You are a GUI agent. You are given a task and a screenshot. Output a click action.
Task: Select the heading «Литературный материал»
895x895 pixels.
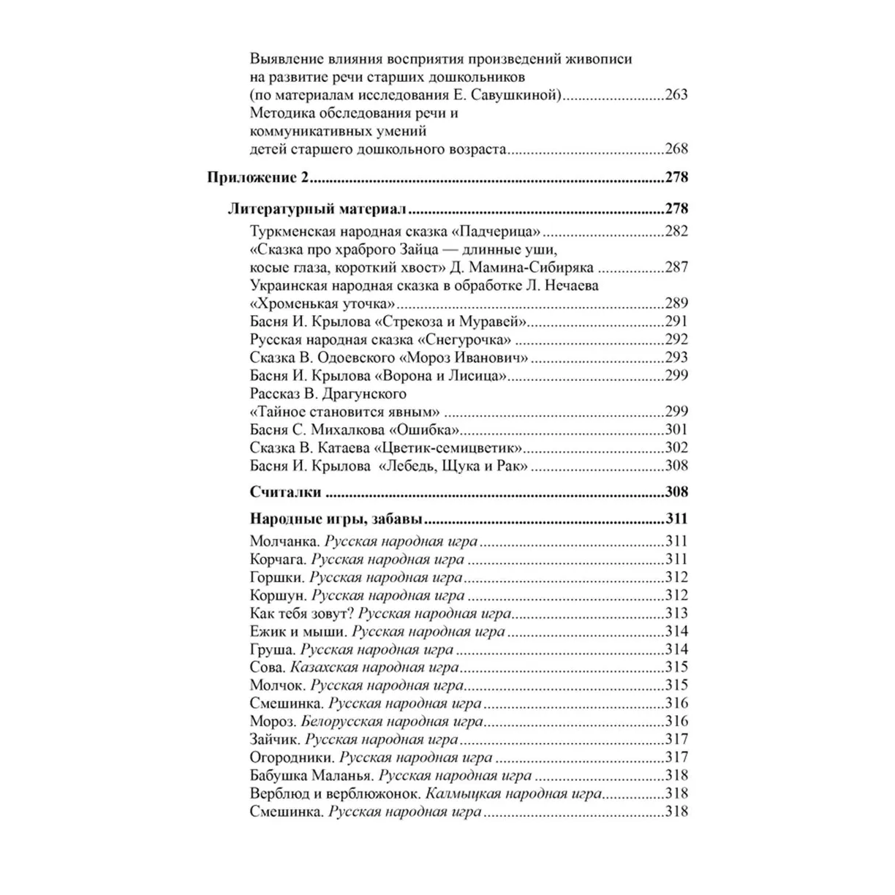(x=317, y=209)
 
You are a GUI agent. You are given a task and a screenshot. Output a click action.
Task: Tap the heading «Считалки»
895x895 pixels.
(x=285, y=492)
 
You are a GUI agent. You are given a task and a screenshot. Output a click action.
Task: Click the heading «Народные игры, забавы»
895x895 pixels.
(x=336, y=520)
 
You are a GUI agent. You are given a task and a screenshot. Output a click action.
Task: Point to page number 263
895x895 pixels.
(x=676, y=95)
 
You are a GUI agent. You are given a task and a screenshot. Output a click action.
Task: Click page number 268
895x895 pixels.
(x=676, y=149)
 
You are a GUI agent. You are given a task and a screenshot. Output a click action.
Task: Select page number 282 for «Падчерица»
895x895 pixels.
(x=676, y=232)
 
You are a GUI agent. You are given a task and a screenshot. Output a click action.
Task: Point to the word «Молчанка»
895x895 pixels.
(x=284, y=542)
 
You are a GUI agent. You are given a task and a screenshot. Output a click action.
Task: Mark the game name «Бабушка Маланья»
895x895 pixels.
(x=311, y=776)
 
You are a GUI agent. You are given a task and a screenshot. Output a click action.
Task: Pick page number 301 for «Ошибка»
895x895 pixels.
(x=676, y=430)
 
